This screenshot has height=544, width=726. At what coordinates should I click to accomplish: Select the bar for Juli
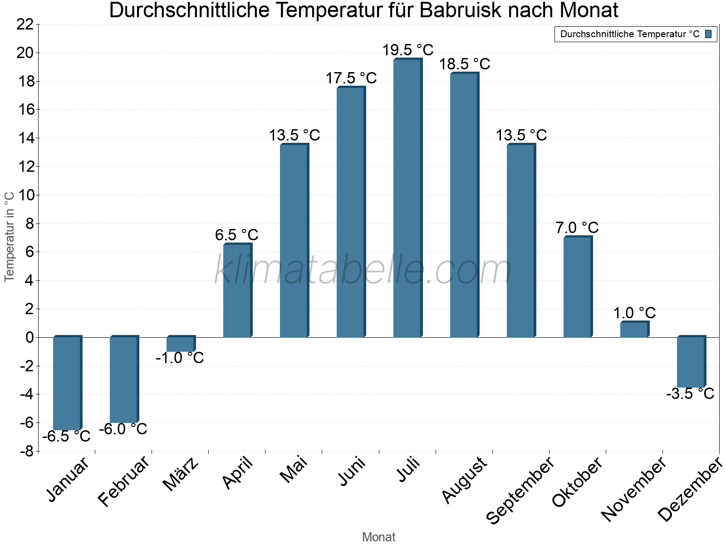[407, 198]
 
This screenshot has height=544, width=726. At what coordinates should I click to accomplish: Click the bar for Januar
[67, 383]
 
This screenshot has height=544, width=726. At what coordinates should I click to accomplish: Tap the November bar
[634, 330]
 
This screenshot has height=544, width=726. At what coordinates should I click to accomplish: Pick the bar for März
[181, 344]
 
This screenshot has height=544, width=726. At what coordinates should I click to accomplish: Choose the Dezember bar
[691, 362]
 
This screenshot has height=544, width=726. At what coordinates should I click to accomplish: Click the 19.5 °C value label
[407, 50]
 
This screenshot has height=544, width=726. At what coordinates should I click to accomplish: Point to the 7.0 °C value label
[577, 228]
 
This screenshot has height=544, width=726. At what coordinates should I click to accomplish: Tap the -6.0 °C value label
[123, 429]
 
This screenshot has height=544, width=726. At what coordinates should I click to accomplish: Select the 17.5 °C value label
[351, 78]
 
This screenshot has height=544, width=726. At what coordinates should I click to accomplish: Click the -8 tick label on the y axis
[26, 452]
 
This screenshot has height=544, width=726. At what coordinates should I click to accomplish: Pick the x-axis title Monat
[379, 537]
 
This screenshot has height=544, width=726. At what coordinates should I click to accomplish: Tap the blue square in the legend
[708, 34]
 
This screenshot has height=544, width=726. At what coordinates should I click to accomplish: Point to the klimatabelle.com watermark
[363, 270]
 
